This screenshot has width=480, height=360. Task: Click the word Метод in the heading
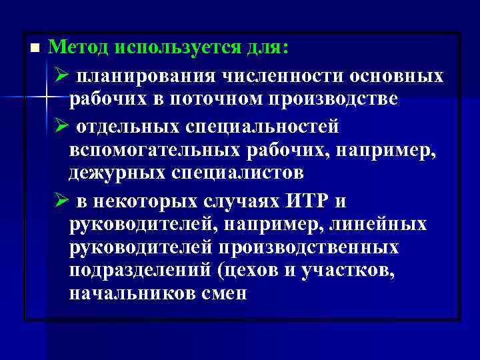77,47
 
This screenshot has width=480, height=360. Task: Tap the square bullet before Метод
35,48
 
